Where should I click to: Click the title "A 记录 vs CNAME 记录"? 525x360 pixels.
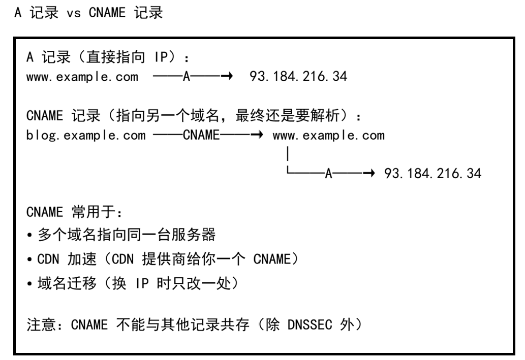(89, 13)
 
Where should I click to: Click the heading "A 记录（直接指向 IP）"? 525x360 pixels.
(107, 57)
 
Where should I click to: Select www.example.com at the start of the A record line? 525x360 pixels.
(82, 77)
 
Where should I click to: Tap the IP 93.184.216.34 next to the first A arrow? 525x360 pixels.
(298, 76)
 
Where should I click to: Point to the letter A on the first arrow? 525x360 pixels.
(187, 76)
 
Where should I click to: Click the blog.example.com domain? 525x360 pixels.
(86, 135)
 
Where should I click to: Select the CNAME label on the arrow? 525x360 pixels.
(201, 135)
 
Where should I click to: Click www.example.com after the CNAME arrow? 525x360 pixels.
(329, 135)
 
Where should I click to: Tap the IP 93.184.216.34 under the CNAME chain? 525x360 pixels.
(433, 173)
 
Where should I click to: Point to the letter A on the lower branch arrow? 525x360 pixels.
(328, 173)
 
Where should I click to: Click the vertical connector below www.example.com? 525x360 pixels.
(288, 154)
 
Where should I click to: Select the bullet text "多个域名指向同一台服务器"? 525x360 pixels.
(127, 235)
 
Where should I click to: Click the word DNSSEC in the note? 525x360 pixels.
(310, 324)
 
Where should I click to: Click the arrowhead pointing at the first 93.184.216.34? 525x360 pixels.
(229, 76)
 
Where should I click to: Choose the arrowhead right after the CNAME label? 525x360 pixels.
(259, 135)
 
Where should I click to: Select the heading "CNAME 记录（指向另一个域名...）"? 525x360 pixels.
(194, 116)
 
